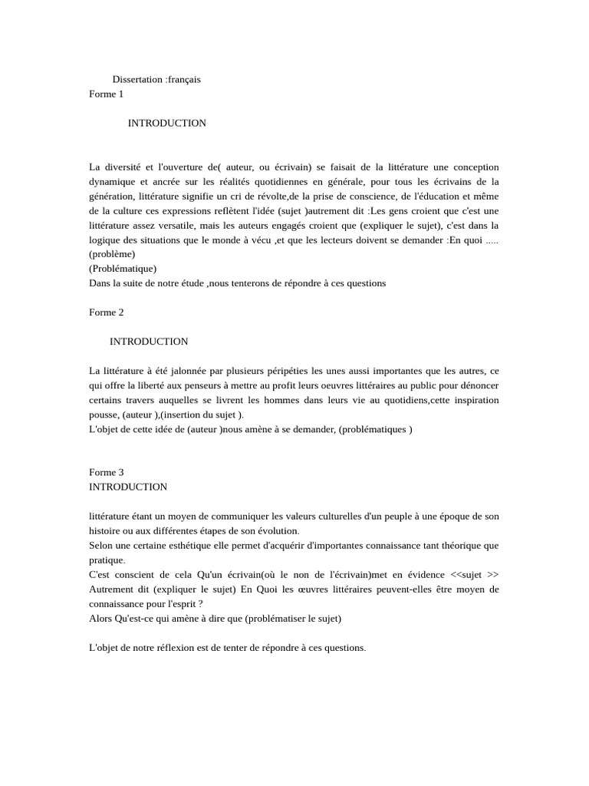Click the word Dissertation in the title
(x=137, y=79)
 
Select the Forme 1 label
(x=106, y=94)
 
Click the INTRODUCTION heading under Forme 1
(x=166, y=123)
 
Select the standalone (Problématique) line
(x=123, y=269)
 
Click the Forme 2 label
(x=106, y=312)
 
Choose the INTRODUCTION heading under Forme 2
(x=149, y=342)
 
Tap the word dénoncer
(x=479, y=385)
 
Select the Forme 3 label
(x=106, y=473)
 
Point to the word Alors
(x=101, y=619)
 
